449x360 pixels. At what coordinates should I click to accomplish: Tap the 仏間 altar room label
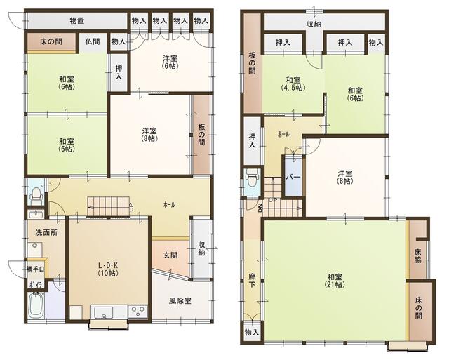point(93,42)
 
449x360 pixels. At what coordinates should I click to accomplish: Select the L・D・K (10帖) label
point(107,269)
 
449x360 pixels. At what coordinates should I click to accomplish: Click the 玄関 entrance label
point(170,255)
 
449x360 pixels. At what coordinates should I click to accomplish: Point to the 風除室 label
point(180,301)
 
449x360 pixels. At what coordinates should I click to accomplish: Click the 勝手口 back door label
point(36,269)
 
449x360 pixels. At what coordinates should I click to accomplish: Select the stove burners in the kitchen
point(138,312)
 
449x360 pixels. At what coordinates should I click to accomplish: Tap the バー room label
point(293,177)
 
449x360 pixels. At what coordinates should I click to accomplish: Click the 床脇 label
point(417,255)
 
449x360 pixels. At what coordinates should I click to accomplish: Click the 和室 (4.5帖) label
point(293,84)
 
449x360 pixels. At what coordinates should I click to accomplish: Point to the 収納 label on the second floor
point(314,24)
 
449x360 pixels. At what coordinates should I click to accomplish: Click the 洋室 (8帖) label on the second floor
point(344,177)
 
